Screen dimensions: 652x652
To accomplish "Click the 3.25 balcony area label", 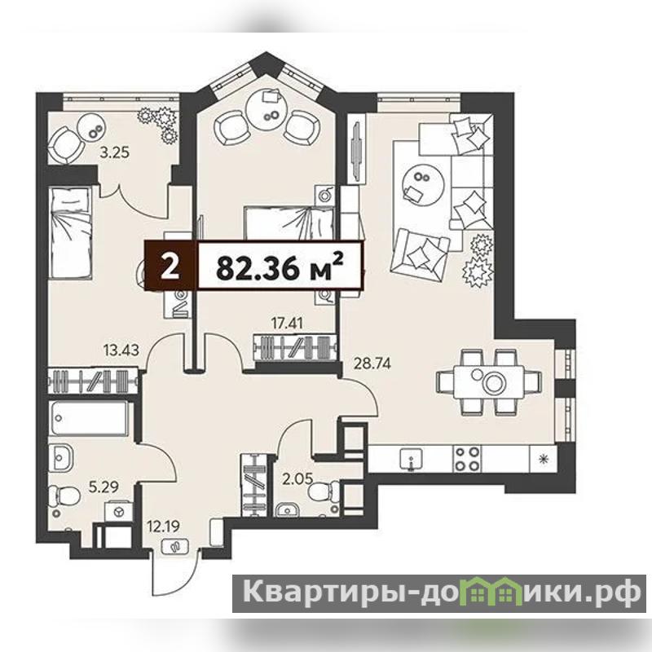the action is pyautogui.click(x=114, y=152).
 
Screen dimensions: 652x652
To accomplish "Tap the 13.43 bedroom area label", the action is pyautogui.click(x=121, y=350).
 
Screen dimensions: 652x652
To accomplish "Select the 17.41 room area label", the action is pyautogui.click(x=287, y=323).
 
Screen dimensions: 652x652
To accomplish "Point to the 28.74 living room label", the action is pyautogui.click(x=372, y=363).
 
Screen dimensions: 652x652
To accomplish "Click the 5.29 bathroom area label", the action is pyautogui.click(x=104, y=486).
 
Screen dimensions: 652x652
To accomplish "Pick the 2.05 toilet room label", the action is pyautogui.click(x=297, y=478).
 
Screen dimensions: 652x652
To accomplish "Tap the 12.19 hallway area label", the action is pyautogui.click(x=164, y=526).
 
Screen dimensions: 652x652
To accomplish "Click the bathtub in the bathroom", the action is pyautogui.click(x=89, y=418).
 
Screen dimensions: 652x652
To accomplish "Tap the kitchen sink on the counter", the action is pyautogui.click(x=411, y=459).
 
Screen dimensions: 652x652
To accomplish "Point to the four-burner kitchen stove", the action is pyautogui.click(x=466, y=459).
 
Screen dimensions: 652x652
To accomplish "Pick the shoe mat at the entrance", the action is pyautogui.click(x=175, y=546).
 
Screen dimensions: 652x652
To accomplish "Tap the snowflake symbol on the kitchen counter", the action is pyautogui.click(x=542, y=459).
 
